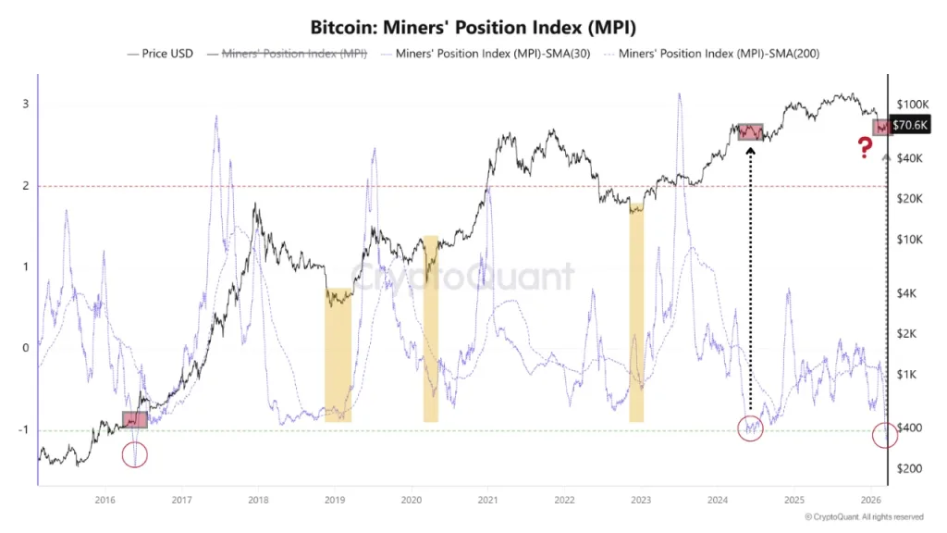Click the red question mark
(x=865, y=147)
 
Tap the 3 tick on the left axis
(x=26, y=105)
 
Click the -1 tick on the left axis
(x=24, y=430)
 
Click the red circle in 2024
(x=750, y=429)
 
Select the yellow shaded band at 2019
(x=338, y=355)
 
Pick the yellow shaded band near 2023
(x=636, y=315)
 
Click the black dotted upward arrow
(x=750, y=278)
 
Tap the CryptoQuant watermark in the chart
(x=462, y=276)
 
